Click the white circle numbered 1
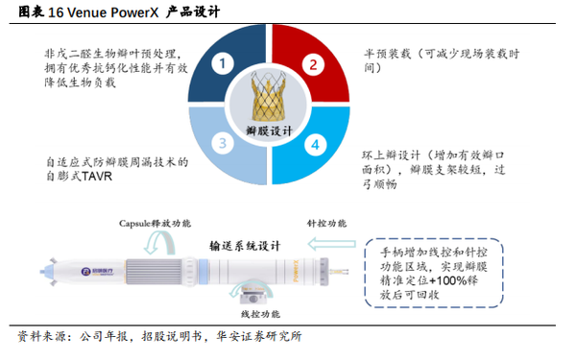point(223,65)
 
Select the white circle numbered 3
point(223,146)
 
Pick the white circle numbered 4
point(312,146)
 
